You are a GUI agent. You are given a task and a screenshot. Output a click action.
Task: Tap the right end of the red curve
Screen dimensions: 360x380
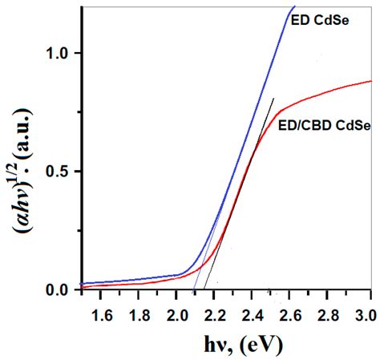(371, 81)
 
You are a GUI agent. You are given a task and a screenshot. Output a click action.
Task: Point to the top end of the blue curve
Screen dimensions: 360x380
(294, 7)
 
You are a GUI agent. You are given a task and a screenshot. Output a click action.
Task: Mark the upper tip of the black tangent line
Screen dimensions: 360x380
(273, 99)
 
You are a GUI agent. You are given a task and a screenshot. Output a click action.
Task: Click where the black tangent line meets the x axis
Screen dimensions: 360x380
(205, 289)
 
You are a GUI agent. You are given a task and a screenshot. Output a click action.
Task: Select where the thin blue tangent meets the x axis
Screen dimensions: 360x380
(193, 289)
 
